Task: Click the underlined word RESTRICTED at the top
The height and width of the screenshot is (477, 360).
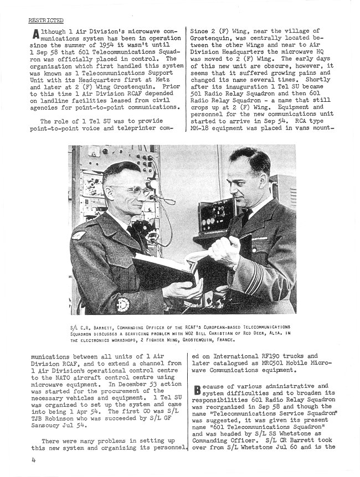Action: tap(45, 20)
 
